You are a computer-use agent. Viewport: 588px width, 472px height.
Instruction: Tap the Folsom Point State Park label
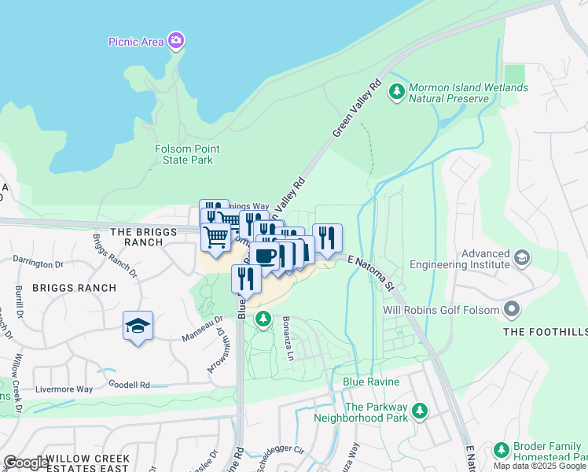[x=188, y=154]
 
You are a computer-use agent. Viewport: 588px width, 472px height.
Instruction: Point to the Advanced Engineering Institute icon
[x=521, y=259]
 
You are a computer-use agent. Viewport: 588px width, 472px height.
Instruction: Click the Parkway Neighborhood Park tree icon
[x=420, y=411]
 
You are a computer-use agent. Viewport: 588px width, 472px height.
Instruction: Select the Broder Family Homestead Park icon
[x=501, y=451]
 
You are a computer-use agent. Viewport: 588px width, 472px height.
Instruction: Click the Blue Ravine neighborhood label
[x=372, y=382]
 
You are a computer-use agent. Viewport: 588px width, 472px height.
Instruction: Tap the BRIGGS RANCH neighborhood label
[x=74, y=288]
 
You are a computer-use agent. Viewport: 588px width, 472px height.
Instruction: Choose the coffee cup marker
[x=265, y=256]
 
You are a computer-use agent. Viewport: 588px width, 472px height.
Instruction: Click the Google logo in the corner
[x=25, y=462]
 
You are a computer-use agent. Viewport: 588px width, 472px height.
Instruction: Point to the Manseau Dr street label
[x=204, y=323]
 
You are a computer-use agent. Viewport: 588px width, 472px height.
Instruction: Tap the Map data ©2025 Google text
[x=540, y=466]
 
